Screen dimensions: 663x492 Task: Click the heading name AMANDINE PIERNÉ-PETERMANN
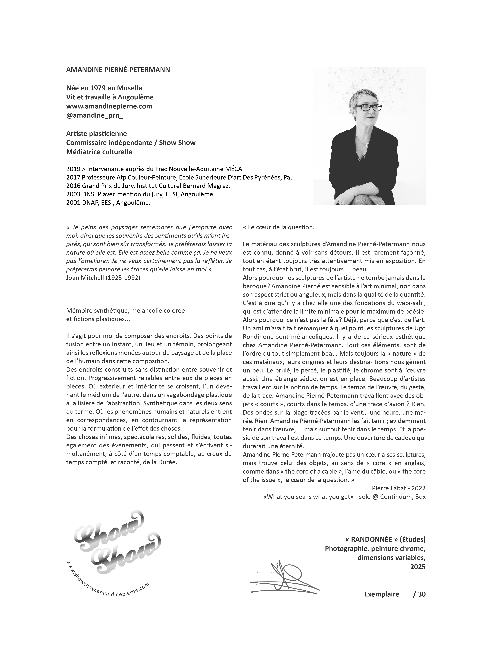(118, 70)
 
